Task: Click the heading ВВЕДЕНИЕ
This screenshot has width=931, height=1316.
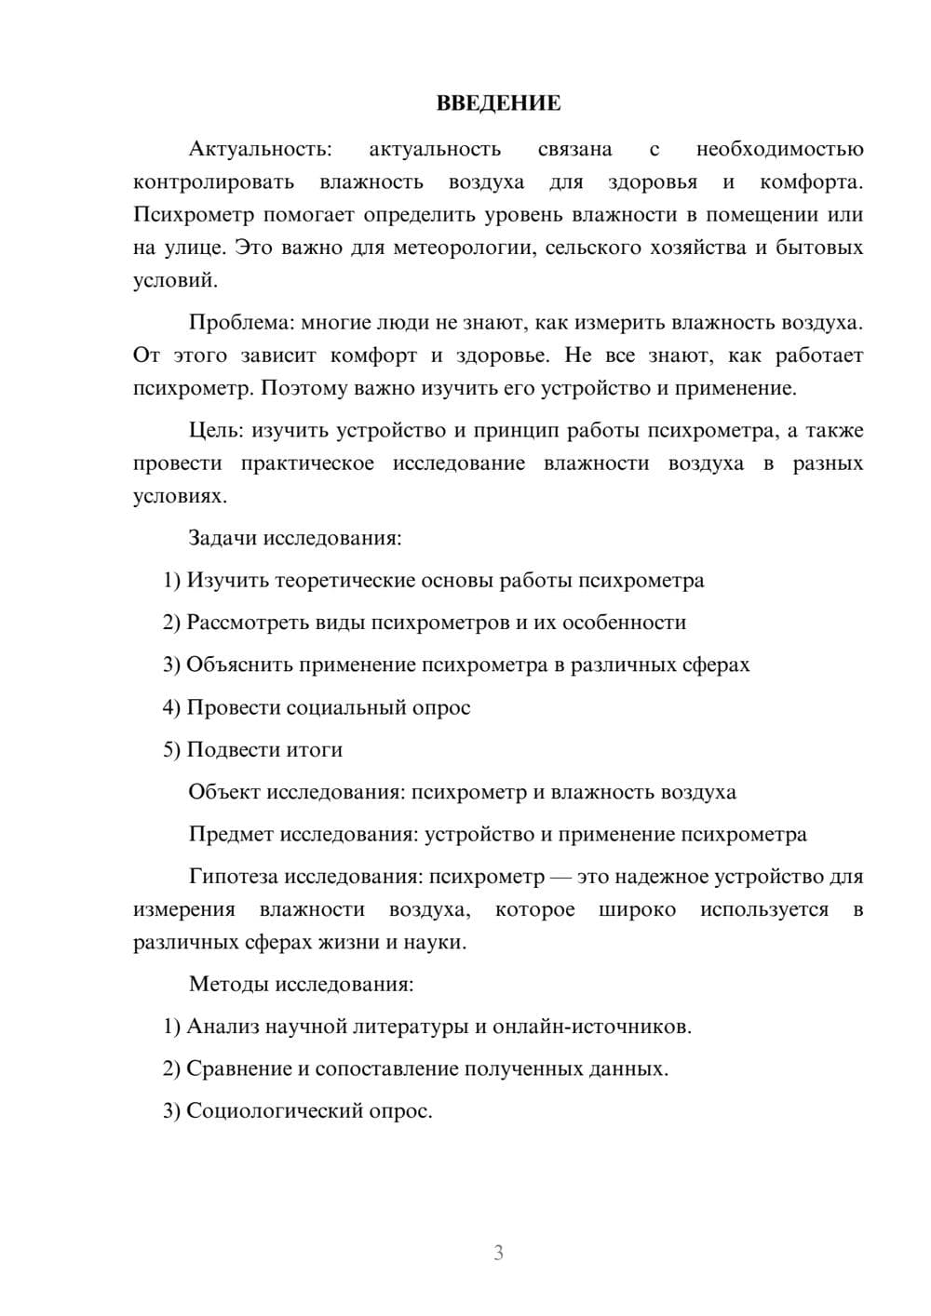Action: [498, 103]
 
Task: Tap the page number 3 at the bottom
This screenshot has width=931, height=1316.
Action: [498, 1253]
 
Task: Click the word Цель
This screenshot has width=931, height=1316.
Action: [215, 430]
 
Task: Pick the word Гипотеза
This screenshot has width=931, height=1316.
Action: [233, 877]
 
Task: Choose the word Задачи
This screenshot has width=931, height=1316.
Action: [223, 538]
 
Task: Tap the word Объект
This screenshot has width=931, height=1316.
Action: [224, 792]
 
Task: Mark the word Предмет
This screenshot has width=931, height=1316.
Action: [231, 834]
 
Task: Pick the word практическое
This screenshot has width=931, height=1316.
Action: [307, 463]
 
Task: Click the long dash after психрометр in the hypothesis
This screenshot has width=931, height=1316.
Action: [560, 877]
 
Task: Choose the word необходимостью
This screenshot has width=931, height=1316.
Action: [779, 149]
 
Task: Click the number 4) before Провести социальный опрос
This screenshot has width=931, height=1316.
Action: [171, 707]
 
